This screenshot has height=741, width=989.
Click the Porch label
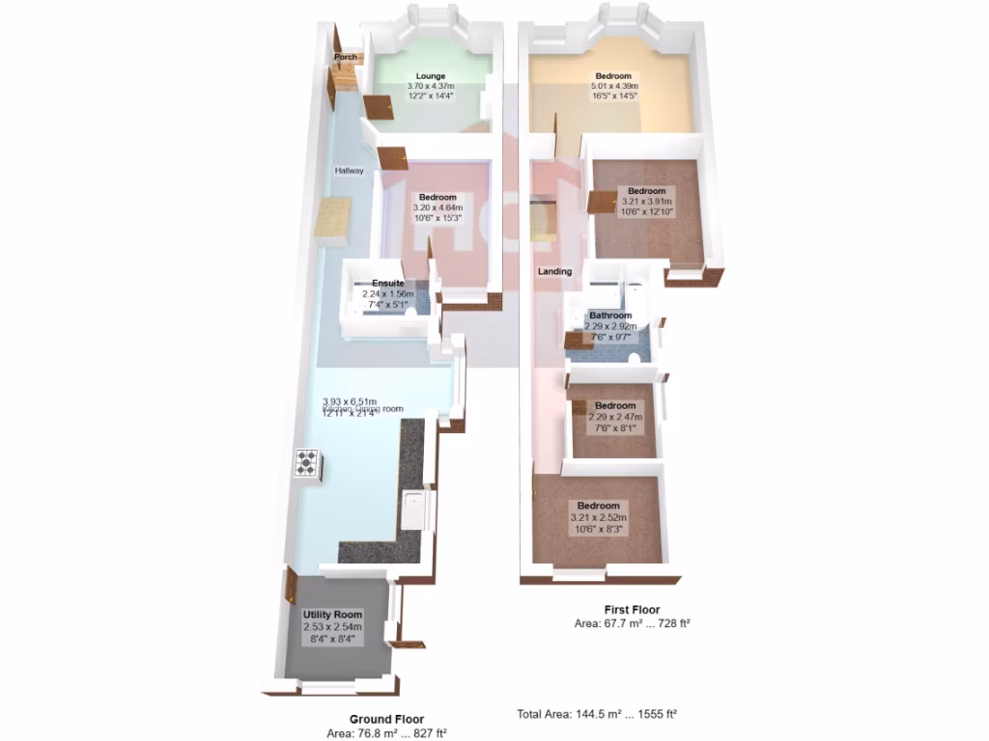[x=346, y=57]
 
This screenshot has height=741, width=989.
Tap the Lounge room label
[x=430, y=76]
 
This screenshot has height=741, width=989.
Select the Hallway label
[x=350, y=171]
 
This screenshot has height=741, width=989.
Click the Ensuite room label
[x=387, y=284]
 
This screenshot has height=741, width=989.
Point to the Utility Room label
[x=332, y=615]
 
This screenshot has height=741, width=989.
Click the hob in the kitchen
[x=307, y=464]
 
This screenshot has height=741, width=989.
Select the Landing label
[x=554, y=271]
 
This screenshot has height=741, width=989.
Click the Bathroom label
[x=610, y=316]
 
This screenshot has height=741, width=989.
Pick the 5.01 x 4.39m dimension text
[x=613, y=87]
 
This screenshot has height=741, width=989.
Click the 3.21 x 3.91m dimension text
[x=646, y=201]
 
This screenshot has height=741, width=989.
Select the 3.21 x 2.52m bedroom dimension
[x=598, y=518]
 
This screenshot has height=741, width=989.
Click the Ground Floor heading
[x=386, y=719]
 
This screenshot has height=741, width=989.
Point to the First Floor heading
[x=632, y=610]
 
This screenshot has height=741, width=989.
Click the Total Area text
[x=596, y=715]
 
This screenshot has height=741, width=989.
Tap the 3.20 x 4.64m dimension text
[x=437, y=207]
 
